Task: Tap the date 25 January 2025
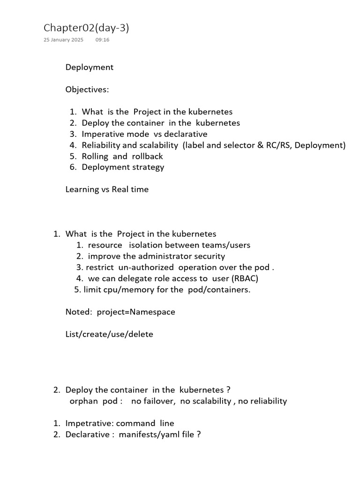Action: tap(63, 40)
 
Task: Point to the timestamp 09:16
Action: tap(102, 40)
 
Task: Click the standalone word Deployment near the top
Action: tap(89, 67)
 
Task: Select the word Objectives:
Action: tap(87, 90)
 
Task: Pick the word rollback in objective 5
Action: tap(144, 157)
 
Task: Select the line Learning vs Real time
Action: tap(107, 190)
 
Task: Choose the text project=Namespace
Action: tap(136, 312)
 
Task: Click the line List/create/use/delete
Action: tap(109, 335)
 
